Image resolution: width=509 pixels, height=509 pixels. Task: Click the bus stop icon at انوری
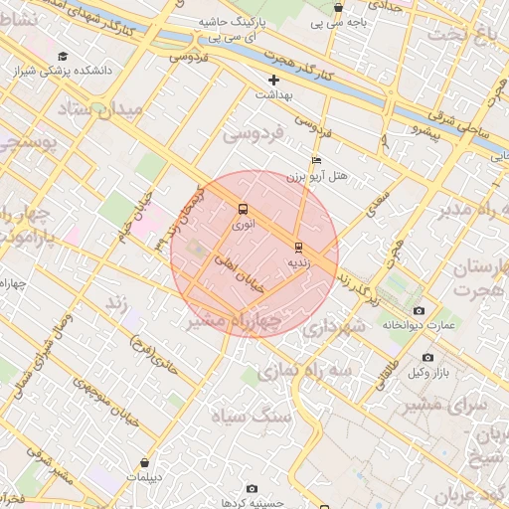pos(243,209)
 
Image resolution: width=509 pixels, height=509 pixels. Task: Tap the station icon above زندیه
pos(298,247)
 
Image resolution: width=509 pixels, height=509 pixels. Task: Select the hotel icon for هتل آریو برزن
pos(316,160)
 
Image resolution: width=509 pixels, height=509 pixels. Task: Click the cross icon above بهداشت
pos(274,80)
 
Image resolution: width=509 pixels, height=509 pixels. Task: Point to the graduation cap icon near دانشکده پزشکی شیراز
pos(64,57)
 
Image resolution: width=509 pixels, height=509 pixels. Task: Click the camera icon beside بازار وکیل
pos(427,357)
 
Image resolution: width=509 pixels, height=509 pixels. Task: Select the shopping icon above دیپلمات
pos(146,462)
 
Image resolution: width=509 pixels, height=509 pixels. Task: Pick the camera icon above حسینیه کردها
pos(252,488)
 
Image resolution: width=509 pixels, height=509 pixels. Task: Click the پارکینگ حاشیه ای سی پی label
pos(230,28)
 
